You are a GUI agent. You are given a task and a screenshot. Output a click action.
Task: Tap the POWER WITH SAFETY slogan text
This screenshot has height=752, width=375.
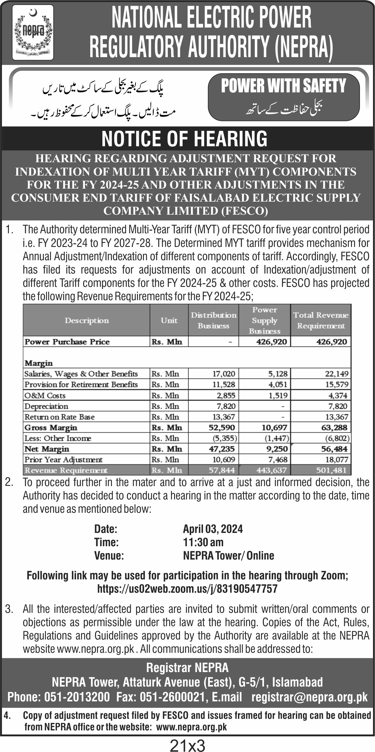coord(283,86)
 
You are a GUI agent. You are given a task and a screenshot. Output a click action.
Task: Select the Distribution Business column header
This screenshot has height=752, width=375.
coord(213,320)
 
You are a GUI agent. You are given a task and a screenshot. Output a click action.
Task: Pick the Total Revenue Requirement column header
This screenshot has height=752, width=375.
coord(321,320)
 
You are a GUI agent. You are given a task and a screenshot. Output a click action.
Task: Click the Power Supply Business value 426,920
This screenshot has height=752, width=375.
coord(271,342)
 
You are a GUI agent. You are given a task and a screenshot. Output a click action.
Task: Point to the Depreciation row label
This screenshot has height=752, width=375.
coord(46,406)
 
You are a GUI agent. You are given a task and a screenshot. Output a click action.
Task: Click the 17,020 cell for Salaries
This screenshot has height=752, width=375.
coord(224,374)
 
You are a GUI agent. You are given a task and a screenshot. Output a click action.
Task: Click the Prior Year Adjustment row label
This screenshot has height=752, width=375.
coord(63,460)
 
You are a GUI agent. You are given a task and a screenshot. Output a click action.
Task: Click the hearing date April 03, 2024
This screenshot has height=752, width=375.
coord(213,529)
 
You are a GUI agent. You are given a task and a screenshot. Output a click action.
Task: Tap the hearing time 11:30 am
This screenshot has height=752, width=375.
coord(203,542)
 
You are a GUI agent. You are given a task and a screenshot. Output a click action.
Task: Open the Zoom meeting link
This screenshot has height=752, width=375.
coord(187,589)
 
